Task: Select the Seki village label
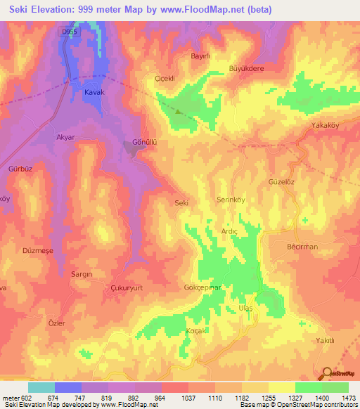181,203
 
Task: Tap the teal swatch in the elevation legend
41,387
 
